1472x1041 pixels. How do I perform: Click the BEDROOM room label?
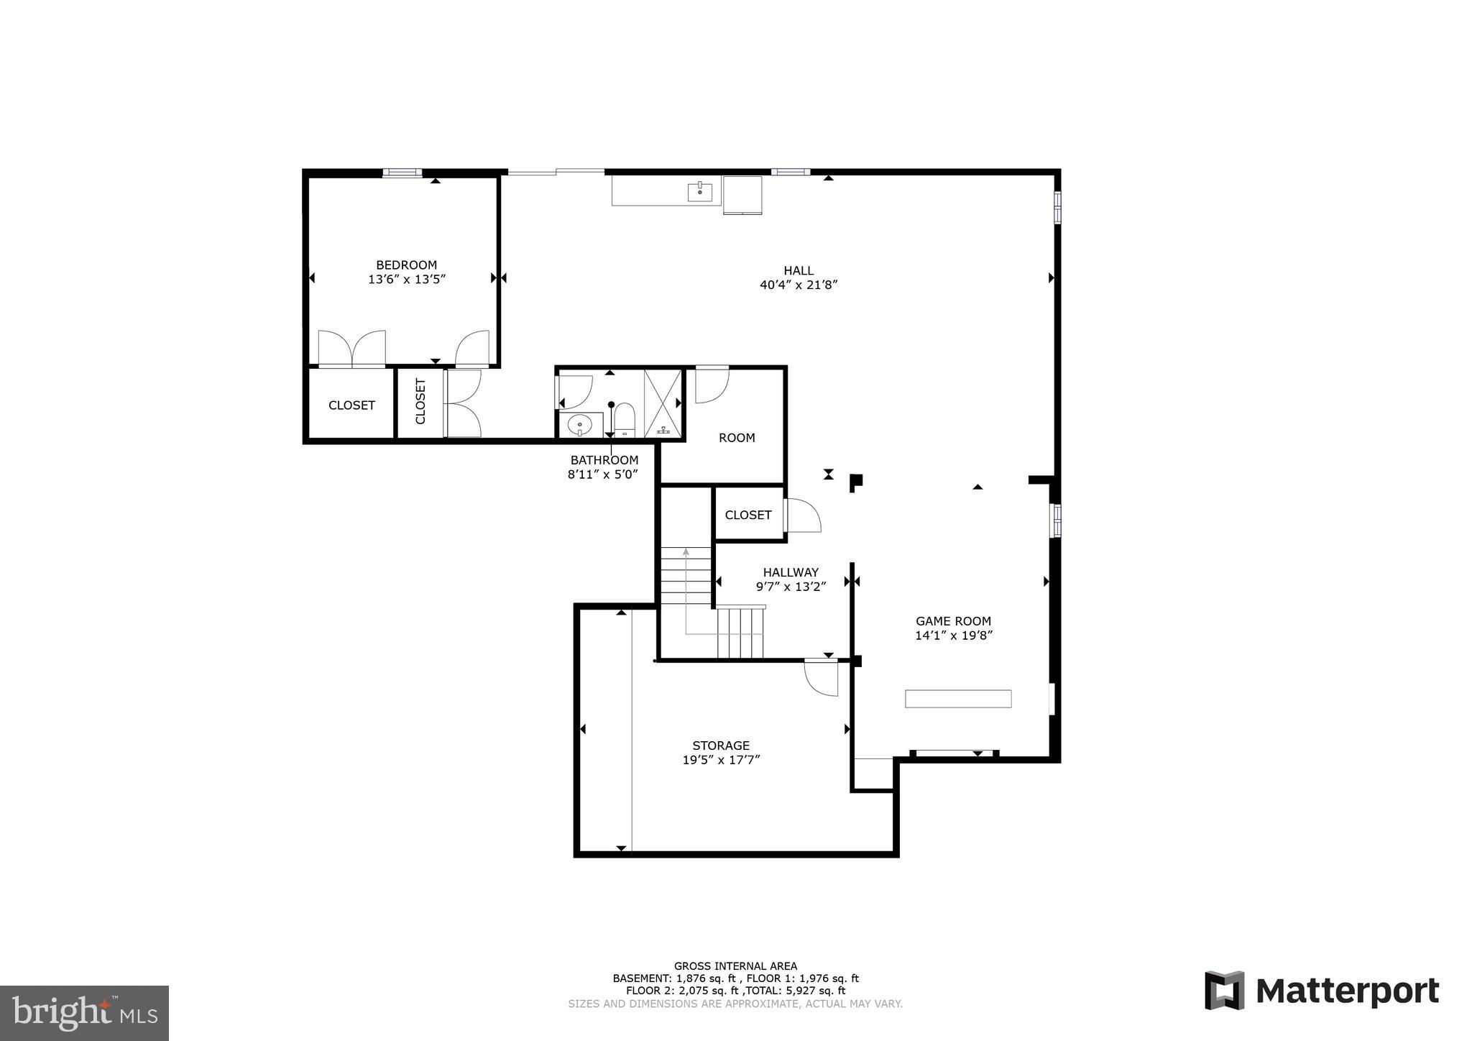406,265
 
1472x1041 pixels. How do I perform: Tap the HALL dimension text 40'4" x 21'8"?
799,285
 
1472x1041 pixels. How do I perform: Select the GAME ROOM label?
953,621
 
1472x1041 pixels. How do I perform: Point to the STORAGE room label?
721,746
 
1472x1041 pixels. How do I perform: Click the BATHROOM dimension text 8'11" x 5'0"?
603,474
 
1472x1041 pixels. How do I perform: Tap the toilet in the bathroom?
625,419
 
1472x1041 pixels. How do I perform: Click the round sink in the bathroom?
579,426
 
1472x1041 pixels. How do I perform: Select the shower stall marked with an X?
662,403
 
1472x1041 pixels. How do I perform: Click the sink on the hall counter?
699,192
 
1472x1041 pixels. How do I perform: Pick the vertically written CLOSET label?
420,402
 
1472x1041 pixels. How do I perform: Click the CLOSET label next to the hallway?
747,515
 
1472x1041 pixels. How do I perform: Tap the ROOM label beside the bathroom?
737,437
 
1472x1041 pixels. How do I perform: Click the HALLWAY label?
791,572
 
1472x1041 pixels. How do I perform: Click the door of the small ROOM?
712,385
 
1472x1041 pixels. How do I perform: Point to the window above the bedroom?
402,172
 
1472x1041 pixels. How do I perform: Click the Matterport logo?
1322,991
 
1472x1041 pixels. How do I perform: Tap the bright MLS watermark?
84,1013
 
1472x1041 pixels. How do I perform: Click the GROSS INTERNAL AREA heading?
735,966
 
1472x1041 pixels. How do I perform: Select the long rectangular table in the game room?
958,698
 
